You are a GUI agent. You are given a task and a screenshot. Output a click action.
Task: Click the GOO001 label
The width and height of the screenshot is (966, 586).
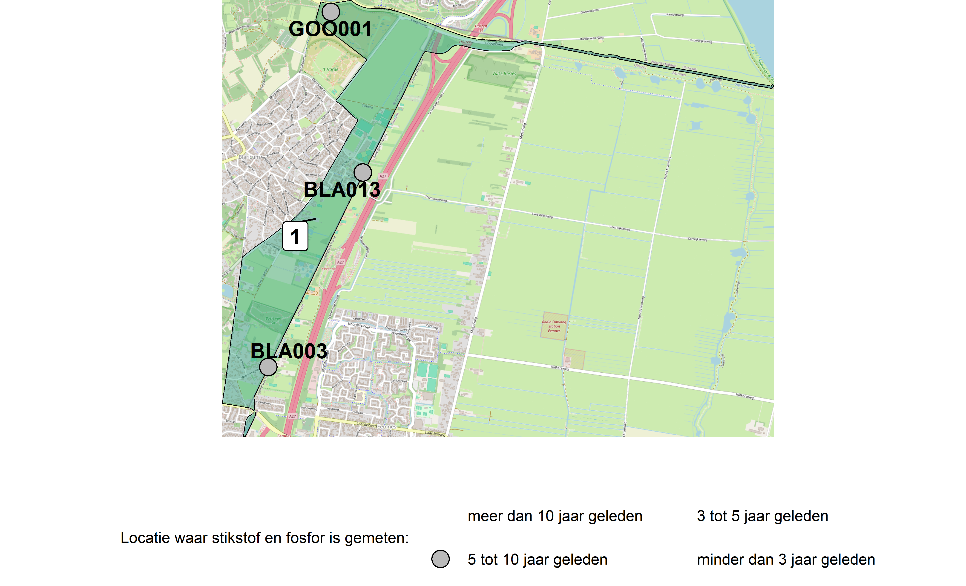click(x=330, y=29)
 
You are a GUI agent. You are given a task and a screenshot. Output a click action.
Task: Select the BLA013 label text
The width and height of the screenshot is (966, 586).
click(x=342, y=190)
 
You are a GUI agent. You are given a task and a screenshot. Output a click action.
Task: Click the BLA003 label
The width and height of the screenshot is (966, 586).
click(x=289, y=351)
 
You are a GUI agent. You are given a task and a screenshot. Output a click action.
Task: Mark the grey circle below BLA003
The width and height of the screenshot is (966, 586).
click(x=268, y=367)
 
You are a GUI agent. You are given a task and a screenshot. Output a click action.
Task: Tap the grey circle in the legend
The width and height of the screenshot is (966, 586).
click(x=440, y=559)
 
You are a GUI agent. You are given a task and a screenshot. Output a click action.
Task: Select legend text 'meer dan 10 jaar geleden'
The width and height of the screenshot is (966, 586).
click(x=555, y=516)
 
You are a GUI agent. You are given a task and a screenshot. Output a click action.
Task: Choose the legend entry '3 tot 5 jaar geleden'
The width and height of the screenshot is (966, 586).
click(x=762, y=516)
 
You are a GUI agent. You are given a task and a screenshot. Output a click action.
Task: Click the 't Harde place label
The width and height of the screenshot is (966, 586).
click(x=331, y=70)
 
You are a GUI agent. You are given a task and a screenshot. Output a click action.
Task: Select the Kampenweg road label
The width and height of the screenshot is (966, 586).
click(x=675, y=15)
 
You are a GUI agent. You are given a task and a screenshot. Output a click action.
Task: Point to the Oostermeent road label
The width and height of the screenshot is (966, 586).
click(x=589, y=11)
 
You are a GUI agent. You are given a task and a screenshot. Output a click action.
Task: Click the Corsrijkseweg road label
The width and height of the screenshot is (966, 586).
click(x=697, y=239)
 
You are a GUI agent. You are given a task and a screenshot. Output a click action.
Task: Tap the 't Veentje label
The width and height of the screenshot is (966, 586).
click(x=328, y=269)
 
